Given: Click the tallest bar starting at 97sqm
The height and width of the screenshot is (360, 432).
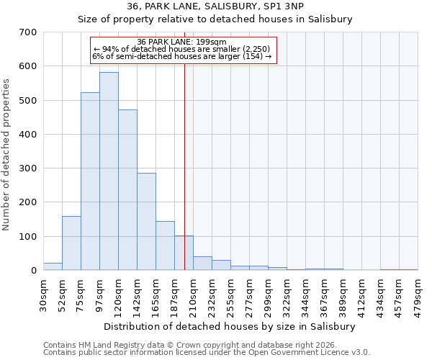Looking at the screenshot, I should point(109,171).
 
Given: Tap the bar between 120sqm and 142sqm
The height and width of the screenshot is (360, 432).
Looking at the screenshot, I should point(127,190).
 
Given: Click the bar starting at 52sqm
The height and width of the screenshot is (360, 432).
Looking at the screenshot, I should point(71,243).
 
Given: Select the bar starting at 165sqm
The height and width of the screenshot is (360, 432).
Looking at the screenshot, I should point(165,246).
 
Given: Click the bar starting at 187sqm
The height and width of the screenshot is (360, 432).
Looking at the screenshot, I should point(184,253).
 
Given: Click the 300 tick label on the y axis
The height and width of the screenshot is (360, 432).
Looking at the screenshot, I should point(29,168).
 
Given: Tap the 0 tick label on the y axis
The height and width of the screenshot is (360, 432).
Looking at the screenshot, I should point(34,271).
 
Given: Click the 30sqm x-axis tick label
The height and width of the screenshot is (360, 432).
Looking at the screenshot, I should point(43,294).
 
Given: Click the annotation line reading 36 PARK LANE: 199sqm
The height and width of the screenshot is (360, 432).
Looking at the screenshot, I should point(181,42).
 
